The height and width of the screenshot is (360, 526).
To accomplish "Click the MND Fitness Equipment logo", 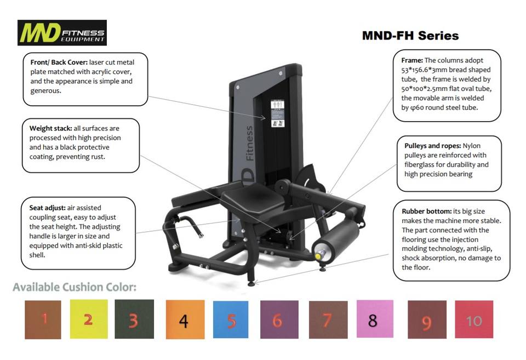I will tap(62, 32).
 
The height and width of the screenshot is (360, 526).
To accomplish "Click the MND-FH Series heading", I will tap(410, 36).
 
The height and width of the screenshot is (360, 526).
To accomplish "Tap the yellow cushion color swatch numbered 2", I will tap(89, 319).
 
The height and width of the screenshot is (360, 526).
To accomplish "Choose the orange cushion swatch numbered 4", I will tap(185, 319).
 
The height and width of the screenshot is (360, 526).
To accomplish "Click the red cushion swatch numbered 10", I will tap(473, 319).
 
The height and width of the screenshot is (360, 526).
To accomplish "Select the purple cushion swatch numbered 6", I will tap(279, 319).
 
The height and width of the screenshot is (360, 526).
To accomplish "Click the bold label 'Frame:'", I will tap(412, 60).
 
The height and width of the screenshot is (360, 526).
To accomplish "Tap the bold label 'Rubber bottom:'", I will tap(426, 212).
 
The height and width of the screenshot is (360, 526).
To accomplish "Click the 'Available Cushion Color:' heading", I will tap(75, 287).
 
